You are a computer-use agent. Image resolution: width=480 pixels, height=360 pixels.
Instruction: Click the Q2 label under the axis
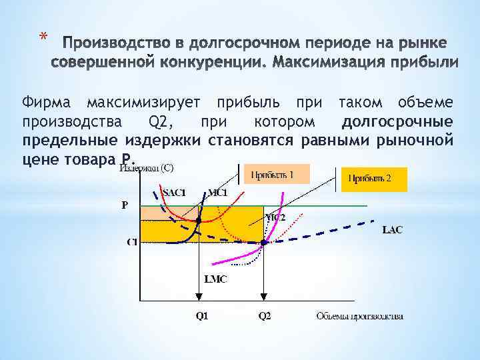[x=265, y=315]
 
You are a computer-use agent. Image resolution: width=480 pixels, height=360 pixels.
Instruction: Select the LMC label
[x=215, y=279]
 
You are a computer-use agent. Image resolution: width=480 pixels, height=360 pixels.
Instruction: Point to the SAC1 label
[x=175, y=193]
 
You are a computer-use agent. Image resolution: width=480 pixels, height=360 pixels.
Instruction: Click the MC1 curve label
[x=219, y=193]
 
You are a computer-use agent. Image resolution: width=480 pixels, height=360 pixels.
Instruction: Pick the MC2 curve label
[x=275, y=217]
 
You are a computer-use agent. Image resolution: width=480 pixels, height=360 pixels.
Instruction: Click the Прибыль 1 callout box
[x=277, y=175]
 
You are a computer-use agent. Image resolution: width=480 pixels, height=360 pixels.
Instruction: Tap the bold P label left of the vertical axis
[x=125, y=205]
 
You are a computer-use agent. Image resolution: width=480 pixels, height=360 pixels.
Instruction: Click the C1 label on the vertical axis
[x=132, y=241]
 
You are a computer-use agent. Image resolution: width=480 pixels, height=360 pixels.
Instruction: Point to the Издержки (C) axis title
[x=147, y=167]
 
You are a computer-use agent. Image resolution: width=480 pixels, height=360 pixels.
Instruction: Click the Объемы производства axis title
[x=359, y=315]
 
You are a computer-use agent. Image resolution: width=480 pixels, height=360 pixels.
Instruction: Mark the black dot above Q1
[x=199, y=220]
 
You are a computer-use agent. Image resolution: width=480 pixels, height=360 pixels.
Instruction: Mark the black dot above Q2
[x=263, y=243]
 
